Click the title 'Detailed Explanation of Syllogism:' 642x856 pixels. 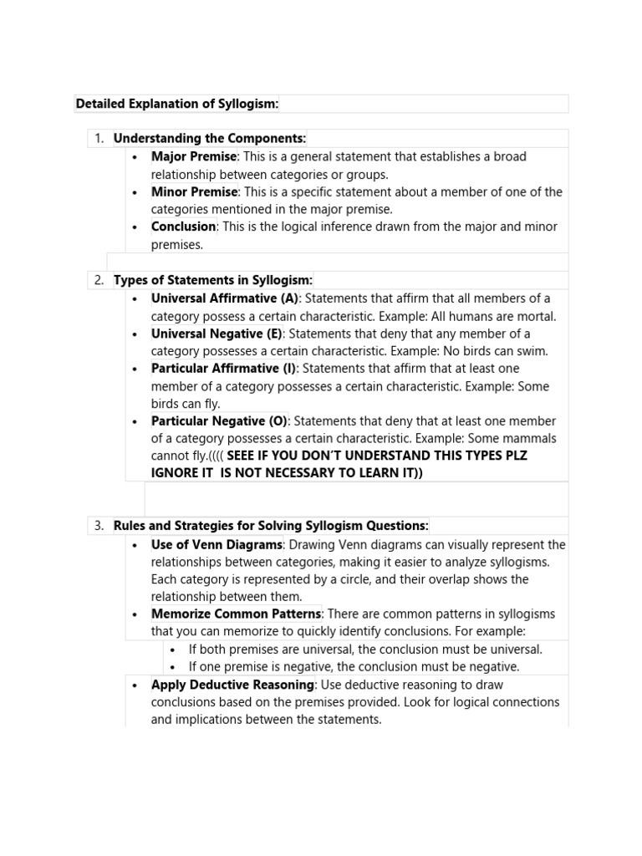point(176,104)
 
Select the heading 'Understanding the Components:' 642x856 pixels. point(210,138)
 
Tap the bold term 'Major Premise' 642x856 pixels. point(194,156)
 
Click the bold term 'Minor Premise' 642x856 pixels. point(194,191)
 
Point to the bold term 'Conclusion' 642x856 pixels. point(183,227)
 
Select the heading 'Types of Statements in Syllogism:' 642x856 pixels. point(212,280)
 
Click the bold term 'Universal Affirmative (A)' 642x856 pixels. point(225,298)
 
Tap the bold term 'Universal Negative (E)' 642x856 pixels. point(217,334)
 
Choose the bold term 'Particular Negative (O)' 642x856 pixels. point(219,421)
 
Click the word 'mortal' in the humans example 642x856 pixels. point(534,317)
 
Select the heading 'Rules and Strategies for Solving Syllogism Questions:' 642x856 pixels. point(271,526)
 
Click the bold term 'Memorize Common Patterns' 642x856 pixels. point(236,614)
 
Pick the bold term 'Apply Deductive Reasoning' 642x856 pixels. point(232,685)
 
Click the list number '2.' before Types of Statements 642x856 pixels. point(99,280)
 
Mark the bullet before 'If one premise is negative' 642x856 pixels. point(172,667)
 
